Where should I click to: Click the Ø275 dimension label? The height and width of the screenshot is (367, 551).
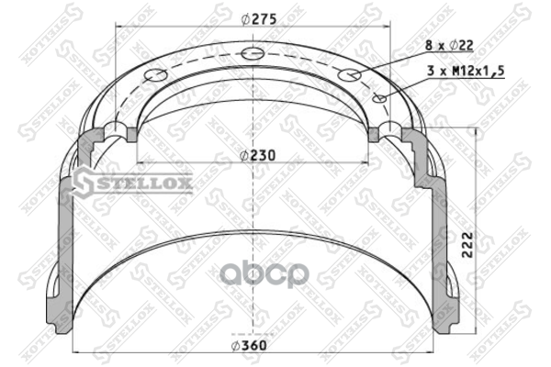tap(259, 19)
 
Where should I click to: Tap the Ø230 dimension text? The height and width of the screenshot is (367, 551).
tap(257, 155)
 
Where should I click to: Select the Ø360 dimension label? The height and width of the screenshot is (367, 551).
tap(249, 346)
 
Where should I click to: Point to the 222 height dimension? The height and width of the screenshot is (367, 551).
tap(467, 244)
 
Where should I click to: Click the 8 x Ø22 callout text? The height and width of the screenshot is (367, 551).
tap(449, 45)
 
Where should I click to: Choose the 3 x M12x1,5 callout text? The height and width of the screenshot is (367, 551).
tap(466, 71)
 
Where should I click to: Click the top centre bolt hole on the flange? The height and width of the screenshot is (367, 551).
tap(253, 53)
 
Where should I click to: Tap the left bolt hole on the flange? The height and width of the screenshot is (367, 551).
tap(156, 75)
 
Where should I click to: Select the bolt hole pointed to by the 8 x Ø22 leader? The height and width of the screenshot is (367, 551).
tap(349, 75)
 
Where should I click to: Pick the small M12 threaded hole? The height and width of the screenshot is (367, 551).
tap(379, 98)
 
